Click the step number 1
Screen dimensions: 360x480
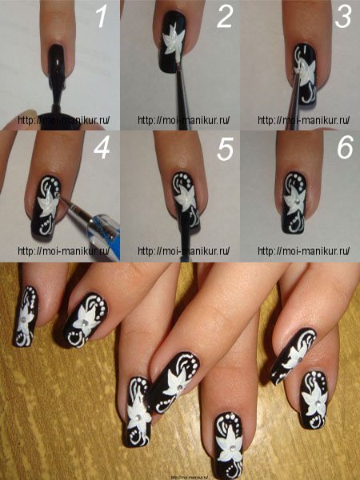[102, 16]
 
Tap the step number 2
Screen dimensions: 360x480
[224, 17]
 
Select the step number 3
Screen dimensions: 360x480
[343, 17]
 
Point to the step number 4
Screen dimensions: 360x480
[102, 149]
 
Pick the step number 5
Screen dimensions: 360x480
[225, 149]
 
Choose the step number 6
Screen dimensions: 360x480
[346, 148]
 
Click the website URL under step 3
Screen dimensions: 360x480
[303, 120]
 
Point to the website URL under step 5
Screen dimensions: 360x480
[184, 251]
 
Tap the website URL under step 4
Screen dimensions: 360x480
[64, 251]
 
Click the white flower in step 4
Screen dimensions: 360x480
[48, 202]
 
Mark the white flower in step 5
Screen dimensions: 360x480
[186, 199]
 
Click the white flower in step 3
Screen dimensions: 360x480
[306, 72]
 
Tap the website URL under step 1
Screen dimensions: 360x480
[64, 120]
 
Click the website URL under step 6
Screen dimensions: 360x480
[303, 251]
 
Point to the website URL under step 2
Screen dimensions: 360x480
[184, 120]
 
